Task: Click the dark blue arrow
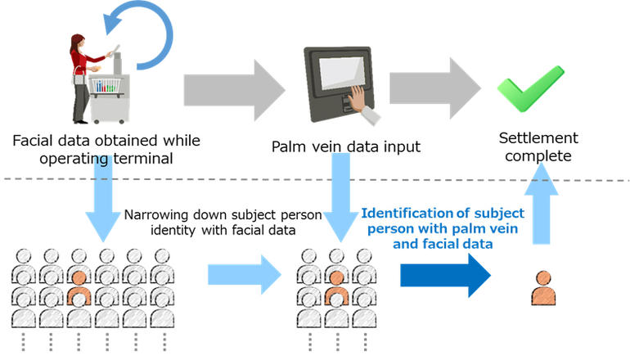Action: point(445,275)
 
